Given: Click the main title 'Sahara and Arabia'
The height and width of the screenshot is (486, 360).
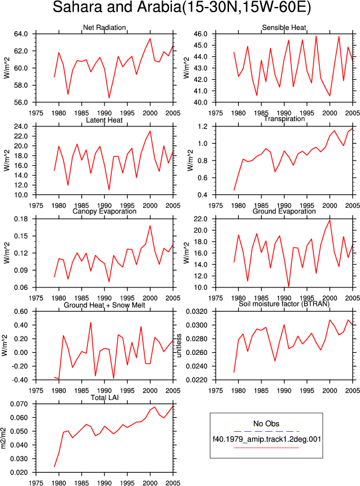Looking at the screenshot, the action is coord(116,7).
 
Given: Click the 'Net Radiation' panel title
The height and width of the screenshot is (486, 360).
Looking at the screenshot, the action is coord(104,28).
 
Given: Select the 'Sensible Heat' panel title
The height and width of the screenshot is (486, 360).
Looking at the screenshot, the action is coord(284,28).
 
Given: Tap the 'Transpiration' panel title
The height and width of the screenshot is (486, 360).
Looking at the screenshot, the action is coord(284,119).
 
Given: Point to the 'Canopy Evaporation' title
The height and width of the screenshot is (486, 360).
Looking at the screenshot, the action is coord(104,211).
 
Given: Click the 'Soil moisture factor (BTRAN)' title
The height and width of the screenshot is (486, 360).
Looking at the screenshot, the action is coord(284,304).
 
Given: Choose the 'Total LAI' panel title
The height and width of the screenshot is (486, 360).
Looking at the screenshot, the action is coord(104,398).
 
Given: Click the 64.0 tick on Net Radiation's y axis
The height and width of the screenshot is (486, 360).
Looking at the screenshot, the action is coord(21,34).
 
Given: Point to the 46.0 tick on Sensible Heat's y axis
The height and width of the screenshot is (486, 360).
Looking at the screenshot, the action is coord(200,34).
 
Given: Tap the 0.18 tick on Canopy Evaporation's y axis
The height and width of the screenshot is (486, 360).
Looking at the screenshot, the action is coord(21,219).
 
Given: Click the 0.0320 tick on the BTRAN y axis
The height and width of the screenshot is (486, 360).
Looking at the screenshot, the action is coord(197,312).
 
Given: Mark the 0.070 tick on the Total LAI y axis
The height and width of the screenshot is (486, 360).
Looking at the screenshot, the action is coord(19,404).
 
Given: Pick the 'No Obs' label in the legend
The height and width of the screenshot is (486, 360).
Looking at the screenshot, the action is coord(266,424).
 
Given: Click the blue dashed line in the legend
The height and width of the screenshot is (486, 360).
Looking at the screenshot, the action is coord(266,431).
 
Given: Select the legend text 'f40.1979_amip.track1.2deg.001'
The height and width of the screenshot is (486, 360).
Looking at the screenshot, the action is coord(267,439).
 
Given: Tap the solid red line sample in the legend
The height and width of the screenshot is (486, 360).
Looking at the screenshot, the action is coord(266,447).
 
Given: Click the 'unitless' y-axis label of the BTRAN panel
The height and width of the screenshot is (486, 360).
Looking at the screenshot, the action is coord(179,346).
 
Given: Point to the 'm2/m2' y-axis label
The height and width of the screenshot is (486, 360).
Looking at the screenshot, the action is coord(3,438).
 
